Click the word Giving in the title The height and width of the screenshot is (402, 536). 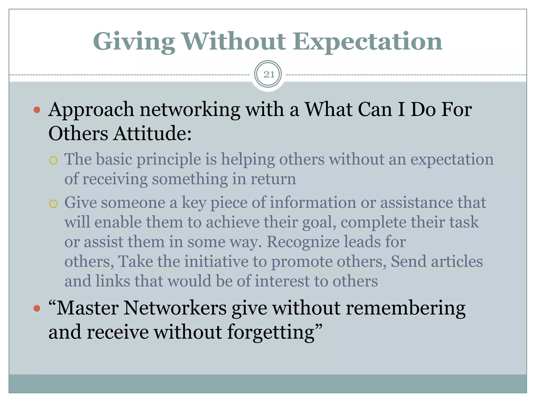(134, 42)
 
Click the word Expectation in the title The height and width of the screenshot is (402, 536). (367, 42)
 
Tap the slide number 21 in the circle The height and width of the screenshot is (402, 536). (269, 75)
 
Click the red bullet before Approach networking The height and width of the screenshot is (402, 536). (37, 110)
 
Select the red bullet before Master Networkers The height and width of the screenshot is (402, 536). (37, 308)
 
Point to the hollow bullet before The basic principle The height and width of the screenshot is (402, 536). (53, 160)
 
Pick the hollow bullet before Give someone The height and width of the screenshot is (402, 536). (53, 204)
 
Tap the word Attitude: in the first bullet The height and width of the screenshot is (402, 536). (153, 133)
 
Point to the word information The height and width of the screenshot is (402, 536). (313, 203)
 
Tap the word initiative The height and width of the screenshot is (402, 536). (216, 261)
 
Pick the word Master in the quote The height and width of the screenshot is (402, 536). (87, 308)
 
